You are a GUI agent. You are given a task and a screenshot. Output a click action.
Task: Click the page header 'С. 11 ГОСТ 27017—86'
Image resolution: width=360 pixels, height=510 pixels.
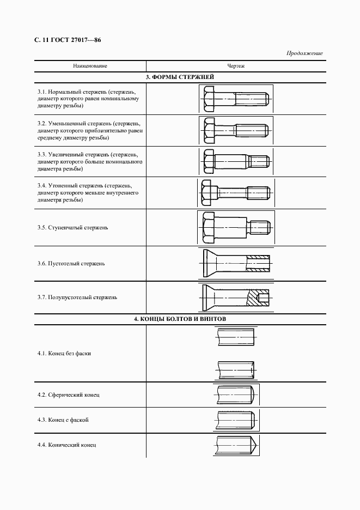(68, 40)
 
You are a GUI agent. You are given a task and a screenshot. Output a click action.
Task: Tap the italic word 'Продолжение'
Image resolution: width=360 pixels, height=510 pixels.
(304, 53)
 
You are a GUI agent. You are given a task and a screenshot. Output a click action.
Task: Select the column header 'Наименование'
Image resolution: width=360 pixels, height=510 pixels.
(90, 66)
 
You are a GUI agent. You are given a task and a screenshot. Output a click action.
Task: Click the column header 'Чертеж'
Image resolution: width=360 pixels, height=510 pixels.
(236, 66)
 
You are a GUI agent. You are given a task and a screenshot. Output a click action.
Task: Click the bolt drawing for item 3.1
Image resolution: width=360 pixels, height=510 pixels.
(236, 99)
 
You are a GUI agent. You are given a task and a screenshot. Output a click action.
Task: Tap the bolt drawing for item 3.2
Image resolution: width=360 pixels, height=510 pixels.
(236, 130)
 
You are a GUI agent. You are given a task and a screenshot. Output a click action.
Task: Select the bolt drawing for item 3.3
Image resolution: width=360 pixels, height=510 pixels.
(236, 161)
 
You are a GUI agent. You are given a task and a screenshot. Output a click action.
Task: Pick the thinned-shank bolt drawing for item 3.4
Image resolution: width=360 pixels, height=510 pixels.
(235, 192)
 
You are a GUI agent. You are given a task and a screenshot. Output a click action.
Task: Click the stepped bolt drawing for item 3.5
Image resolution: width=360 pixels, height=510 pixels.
(235, 227)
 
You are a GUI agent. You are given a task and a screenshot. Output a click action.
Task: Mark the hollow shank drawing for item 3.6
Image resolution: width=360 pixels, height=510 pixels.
(236, 263)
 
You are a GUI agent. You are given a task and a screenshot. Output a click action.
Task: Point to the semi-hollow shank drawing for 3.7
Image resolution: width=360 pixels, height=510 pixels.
(236, 297)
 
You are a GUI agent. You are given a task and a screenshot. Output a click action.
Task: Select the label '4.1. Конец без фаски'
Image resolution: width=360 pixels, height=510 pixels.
(64, 353)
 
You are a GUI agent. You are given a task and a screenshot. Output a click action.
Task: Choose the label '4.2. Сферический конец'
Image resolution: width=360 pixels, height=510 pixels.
(68, 394)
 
